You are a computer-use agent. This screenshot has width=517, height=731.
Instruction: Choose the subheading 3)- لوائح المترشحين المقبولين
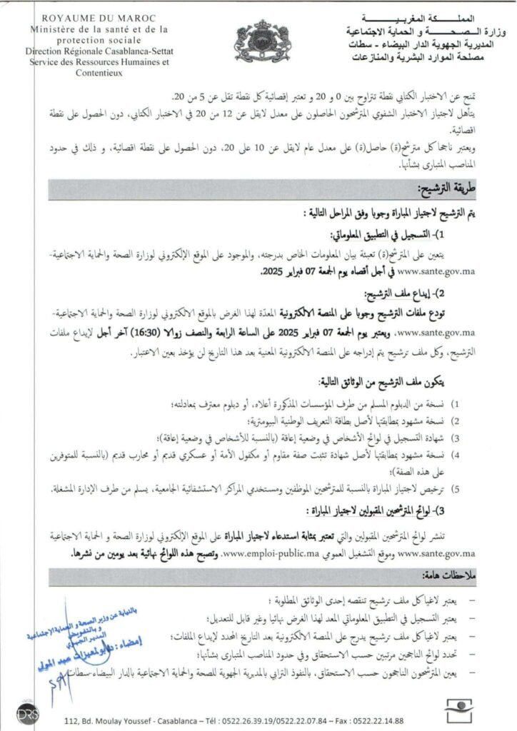pyautogui.click(x=386, y=510)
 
